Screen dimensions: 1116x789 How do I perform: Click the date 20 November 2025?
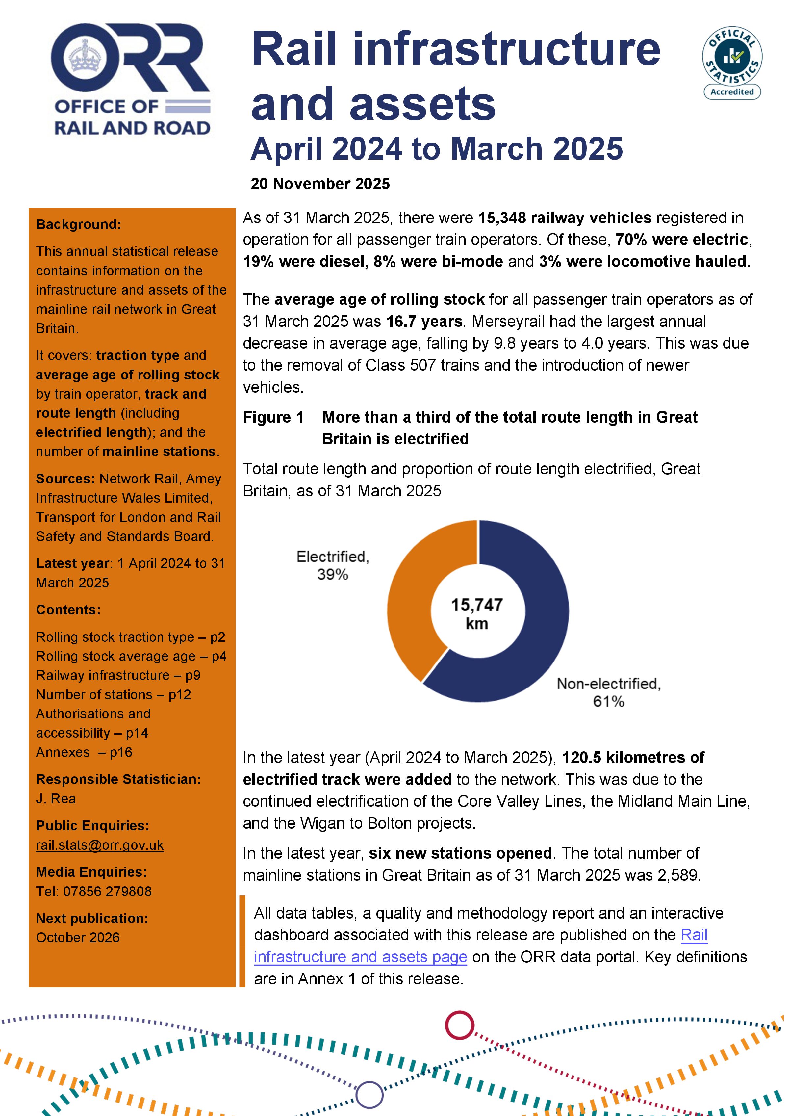[x=320, y=184]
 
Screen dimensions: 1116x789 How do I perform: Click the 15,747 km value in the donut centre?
[x=477, y=614]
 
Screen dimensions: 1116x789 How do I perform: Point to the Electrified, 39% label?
[x=333, y=565]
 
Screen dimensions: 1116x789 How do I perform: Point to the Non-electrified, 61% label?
[x=608, y=692]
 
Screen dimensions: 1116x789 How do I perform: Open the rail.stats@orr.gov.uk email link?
[x=100, y=845]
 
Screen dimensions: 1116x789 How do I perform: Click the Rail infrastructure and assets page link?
[x=360, y=957]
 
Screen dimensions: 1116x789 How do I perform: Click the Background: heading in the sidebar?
[x=78, y=224]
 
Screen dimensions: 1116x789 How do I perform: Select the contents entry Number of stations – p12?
[x=113, y=695]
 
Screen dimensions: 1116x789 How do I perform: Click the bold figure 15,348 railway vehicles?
[x=565, y=218]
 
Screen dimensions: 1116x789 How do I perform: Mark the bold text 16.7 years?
[x=424, y=321]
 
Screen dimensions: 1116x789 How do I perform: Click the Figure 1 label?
[x=273, y=417]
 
